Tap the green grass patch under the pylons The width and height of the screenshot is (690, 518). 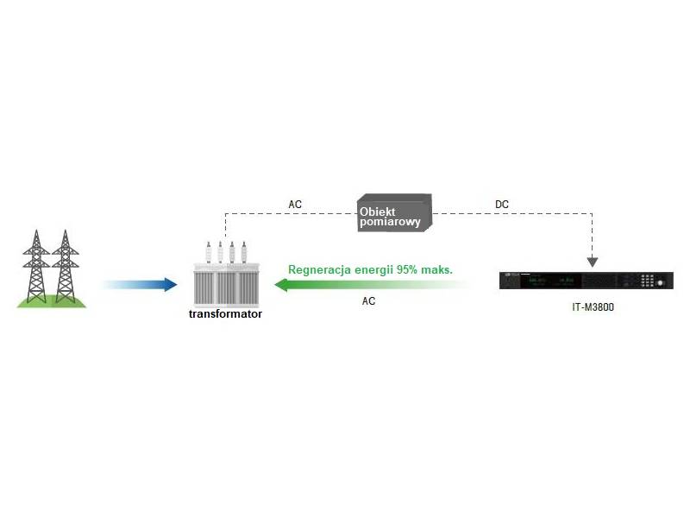click(52, 300)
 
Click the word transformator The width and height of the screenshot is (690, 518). click(225, 314)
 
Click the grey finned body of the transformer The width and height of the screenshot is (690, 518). click(226, 286)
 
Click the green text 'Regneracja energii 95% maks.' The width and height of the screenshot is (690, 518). click(371, 270)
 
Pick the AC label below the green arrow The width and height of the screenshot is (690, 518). click(368, 302)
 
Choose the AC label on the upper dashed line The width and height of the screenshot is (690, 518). click(295, 205)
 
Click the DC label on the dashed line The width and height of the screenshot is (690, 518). click(502, 205)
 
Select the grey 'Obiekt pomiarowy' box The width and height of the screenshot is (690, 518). click(393, 214)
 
